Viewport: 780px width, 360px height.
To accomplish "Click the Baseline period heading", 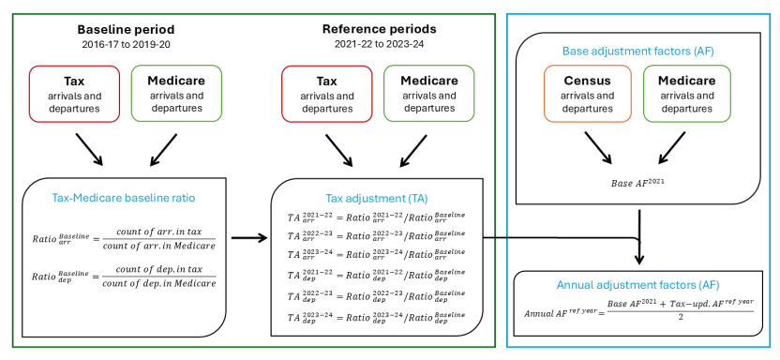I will pyautogui.click(x=125, y=28).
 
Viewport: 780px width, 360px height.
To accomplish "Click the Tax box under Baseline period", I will pyautogui.click(x=74, y=93).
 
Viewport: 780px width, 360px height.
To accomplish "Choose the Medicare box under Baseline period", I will pyautogui.click(x=176, y=93).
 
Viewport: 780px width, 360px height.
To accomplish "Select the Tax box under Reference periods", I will pyautogui.click(x=327, y=93).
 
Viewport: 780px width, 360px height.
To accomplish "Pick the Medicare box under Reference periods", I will pyautogui.click(x=429, y=93).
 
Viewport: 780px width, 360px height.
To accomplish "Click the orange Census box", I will pyautogui.click(x=588, y=93).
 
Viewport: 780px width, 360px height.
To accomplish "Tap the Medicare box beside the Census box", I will pyautogui.click(x=689, y=93).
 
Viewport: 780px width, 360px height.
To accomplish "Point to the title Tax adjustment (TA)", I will pyautogui.click(x=377, y=199).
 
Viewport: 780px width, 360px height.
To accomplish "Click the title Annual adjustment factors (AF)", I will pyautogui.click(x=637, y=284).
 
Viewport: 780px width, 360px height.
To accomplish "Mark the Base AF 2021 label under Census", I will pyautogui.click(x=638, y=181).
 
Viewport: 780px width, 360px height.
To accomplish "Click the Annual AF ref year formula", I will pyautogui.click(x=637, y=310).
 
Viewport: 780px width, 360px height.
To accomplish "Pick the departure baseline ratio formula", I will pyautogui.click(x=124, y=282).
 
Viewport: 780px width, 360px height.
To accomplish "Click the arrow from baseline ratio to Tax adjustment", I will pyautogui.click(x=249, y=238).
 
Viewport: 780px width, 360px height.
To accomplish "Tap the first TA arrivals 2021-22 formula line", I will pyautogui.click(x=376, y=218).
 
